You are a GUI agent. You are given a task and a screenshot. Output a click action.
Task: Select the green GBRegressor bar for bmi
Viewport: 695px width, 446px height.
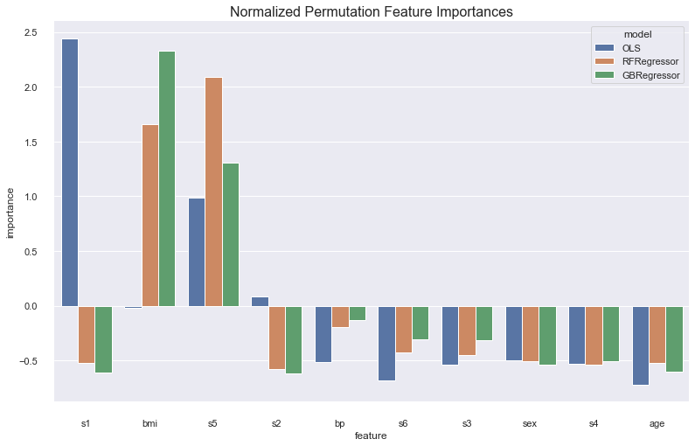[167, 178]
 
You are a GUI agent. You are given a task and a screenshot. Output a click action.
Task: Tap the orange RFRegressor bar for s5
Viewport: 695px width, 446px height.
[213, 192]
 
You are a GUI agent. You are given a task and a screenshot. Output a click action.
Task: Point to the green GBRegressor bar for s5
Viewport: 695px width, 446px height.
[230, 234]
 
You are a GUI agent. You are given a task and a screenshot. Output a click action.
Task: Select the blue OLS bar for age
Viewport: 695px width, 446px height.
[641, 345]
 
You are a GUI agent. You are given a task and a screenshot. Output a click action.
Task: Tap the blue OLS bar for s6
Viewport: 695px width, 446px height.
[386, 343]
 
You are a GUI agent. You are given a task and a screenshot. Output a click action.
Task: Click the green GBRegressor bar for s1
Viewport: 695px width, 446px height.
[103, 339]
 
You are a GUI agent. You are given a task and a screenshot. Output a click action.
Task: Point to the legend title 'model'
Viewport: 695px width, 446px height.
[635, 32]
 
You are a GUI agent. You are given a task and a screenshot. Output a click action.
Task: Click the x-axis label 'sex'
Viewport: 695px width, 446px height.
[530, 423]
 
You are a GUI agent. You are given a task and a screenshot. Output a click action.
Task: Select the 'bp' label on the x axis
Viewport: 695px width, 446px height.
[340, 423]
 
